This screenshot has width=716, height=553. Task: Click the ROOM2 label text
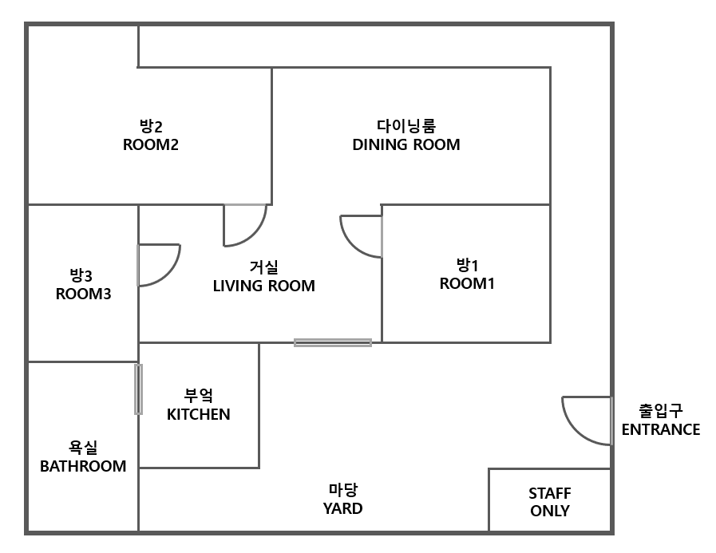point(150,145)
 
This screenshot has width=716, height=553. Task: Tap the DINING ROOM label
point(405,144)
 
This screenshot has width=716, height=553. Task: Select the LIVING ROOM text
point(263,286)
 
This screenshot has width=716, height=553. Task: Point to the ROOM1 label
point(467,283)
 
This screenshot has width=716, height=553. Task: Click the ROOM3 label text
point(83,294)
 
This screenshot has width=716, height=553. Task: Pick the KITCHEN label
point(198,414)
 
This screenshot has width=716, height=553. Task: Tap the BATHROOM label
point(83,466)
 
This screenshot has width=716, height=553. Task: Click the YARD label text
point(342,508)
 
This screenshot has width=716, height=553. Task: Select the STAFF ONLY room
point(549,501)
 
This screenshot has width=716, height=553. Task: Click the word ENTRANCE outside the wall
point(660,430)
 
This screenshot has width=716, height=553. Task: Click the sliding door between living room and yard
point(332,342)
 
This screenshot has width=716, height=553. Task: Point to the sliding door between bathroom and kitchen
point(138,389)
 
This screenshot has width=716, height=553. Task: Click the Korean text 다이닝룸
point(405,126)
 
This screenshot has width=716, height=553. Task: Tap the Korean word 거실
point(263,267)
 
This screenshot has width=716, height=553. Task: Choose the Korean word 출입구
point(660,411)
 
